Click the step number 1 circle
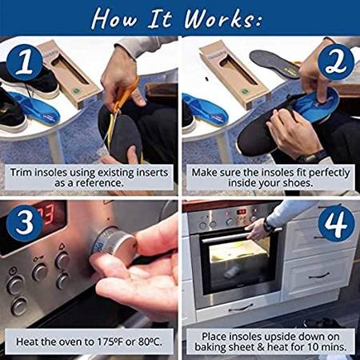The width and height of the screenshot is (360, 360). coord(25,63)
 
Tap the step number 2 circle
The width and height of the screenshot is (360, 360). coord(336,62)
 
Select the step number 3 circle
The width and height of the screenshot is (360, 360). coord(25,223)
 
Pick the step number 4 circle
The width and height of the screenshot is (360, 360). coord(337,223)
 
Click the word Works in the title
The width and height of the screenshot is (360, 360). coord(219,18)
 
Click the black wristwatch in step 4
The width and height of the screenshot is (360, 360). coord(268,226)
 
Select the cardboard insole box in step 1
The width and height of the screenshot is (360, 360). coord(69,74)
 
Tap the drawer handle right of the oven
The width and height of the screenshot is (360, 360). coord(319,276)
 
